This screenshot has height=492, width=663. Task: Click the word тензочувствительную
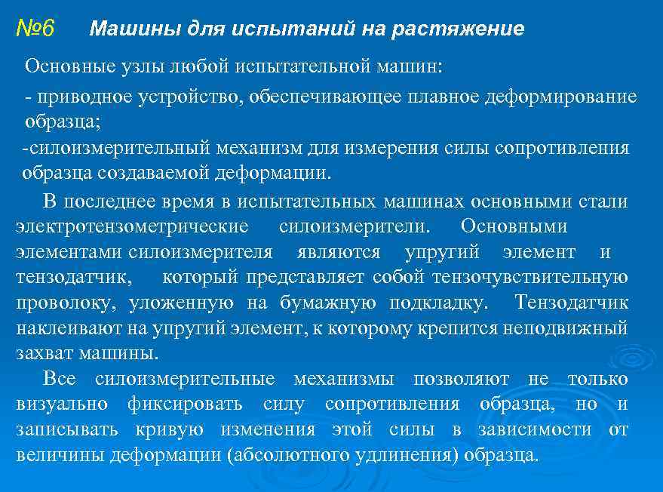(x=530, y=277)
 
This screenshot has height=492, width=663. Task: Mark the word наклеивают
(x=61, y=328)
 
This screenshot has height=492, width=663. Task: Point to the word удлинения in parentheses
(x=416, y=456)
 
